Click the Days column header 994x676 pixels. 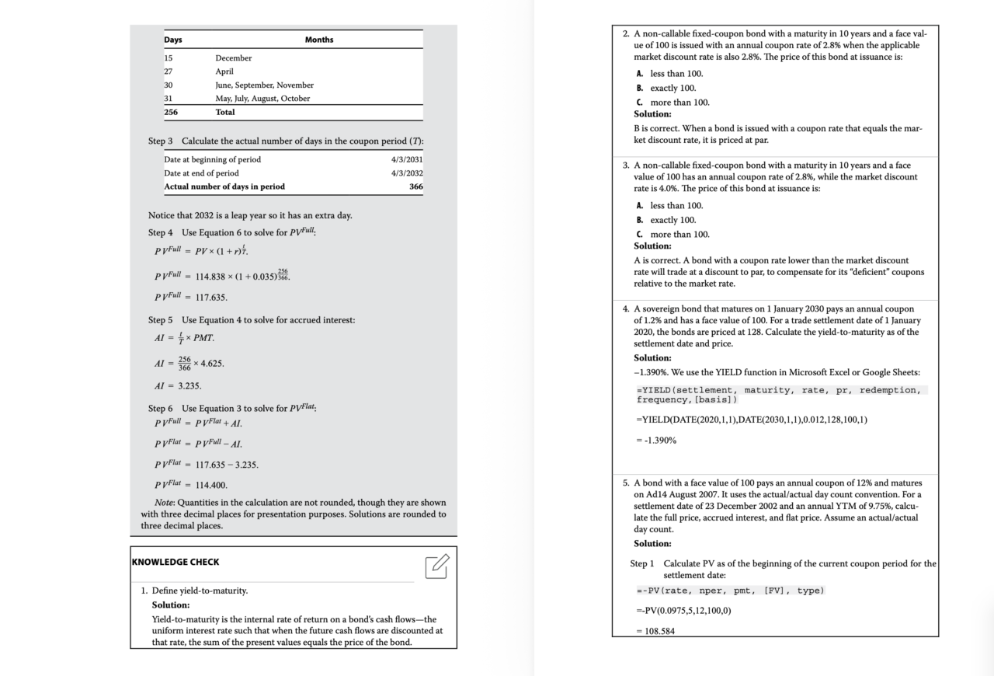point(173,40)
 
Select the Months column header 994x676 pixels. point(319,40)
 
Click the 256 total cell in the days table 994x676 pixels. point(172,112)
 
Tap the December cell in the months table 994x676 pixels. point(234,57)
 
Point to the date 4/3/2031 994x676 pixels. point(408,159)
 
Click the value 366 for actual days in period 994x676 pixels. point(415,186)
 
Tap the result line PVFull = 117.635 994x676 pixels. point(191,297)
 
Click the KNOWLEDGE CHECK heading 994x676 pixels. point(176,562)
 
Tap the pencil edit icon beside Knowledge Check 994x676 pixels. point(437,566)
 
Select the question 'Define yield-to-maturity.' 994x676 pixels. point(200,591)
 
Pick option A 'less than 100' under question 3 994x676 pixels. point(669,205)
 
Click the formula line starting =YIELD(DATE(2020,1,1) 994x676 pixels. point(752,420)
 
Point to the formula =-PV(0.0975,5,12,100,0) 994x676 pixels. point(683,610)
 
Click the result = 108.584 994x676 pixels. point(655,631)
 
